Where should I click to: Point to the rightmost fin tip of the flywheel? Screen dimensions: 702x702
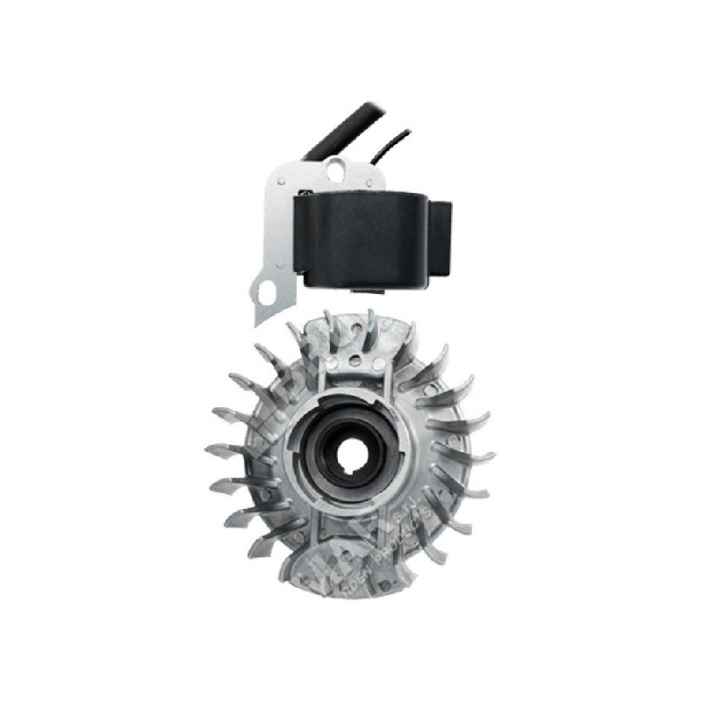tap(491, 456)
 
